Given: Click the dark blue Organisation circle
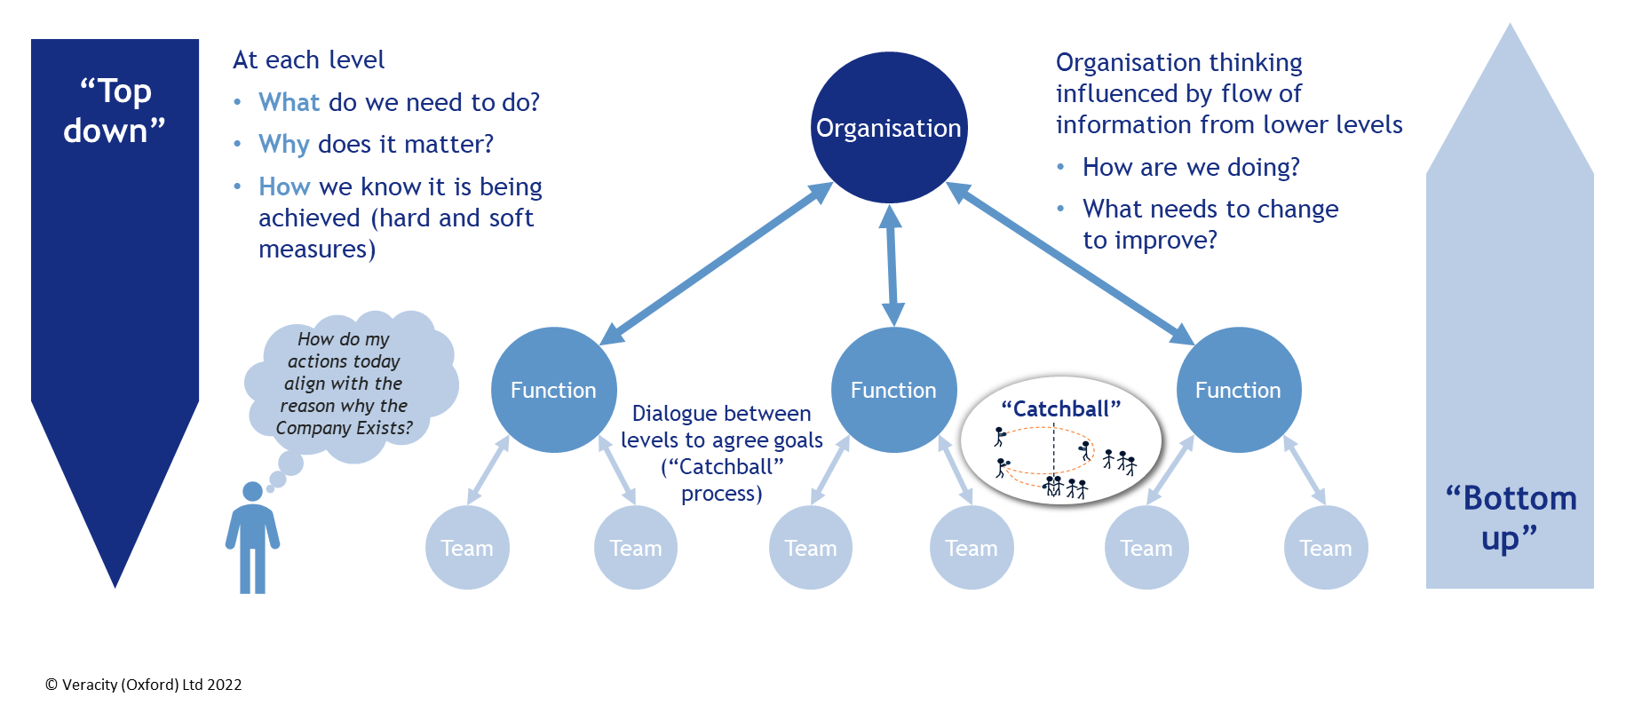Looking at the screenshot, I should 889,128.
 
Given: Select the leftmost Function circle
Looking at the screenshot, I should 553,390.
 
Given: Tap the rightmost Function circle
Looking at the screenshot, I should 1238,390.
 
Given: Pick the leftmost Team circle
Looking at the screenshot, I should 467,548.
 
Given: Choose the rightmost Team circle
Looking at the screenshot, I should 1325,548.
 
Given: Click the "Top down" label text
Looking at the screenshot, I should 115,111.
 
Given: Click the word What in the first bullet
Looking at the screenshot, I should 289,102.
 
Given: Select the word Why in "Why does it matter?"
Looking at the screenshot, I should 283,144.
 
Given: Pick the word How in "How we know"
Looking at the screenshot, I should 284,186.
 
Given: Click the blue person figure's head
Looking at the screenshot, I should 252,491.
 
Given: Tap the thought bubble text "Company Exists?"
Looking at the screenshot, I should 344,428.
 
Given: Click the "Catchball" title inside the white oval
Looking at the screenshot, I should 1061,408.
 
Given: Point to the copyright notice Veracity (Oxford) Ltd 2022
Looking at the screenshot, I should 144,685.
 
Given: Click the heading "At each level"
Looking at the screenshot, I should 308,59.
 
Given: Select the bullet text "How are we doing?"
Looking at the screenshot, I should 1191,167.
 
